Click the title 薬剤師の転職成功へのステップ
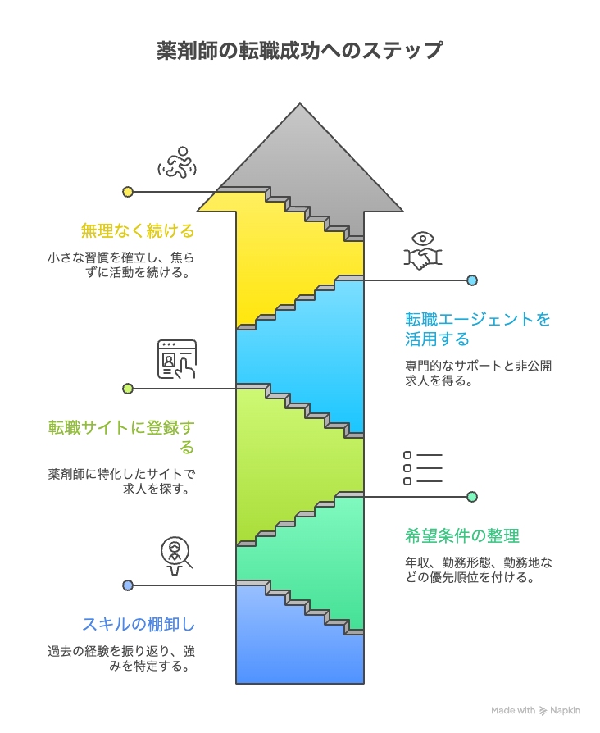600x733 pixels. coord(300,51)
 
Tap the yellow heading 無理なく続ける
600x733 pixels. coord(138,230)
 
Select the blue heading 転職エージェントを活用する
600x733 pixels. coord(478,329)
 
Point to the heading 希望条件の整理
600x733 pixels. coord(462,536)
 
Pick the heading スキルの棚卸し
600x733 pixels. coord(139,624)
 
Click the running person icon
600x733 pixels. coord(177,163)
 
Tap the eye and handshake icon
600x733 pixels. coord(423,250)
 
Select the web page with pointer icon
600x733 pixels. coord(177,359)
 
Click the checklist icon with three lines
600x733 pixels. coord(423,468)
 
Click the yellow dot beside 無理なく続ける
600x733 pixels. coord(128,192)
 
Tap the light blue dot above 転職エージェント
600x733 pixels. coord(472,280)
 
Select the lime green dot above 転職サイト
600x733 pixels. coord(128,389)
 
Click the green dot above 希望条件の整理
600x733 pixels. coord(472,497)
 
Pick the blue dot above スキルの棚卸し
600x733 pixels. coord(128,585)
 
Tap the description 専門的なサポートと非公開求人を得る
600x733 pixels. coord(478,373)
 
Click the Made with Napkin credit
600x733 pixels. coord(536,711)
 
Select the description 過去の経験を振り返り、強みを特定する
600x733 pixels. coord(121,658)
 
